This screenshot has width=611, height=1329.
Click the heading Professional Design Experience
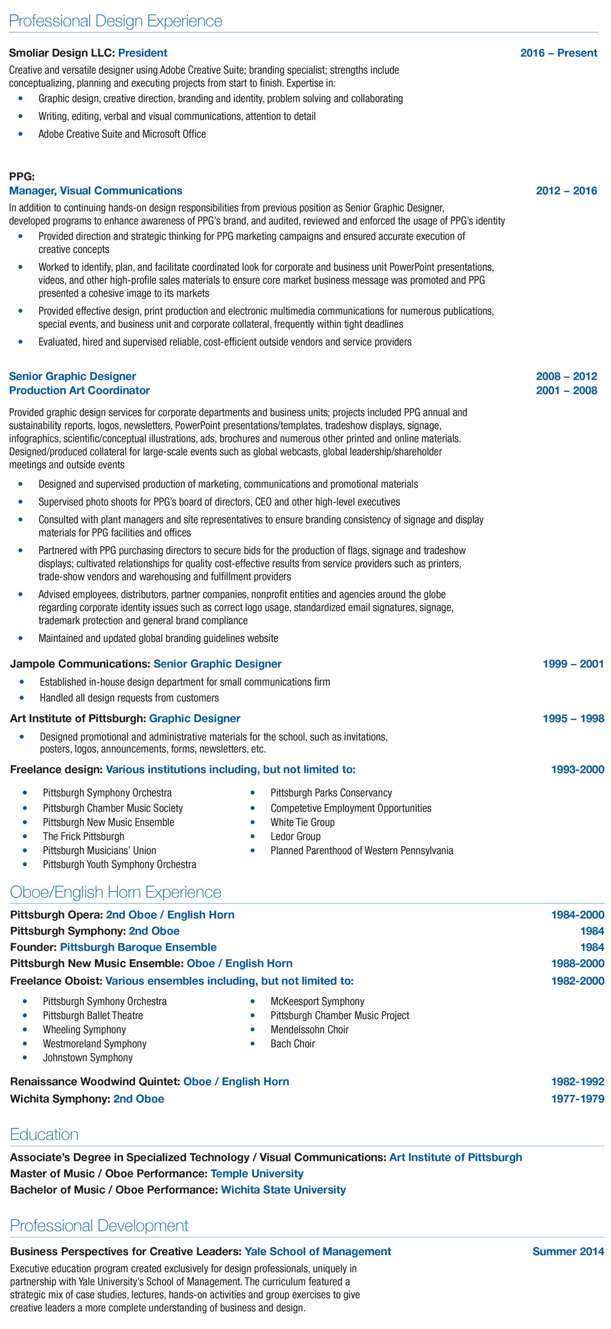point(116,21)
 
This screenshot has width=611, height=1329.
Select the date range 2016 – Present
point(559,53)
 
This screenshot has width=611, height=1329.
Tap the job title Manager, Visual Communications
point(96,191)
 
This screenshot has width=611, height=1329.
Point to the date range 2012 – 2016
point(566,191)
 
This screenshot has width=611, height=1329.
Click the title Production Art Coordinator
point(79,390)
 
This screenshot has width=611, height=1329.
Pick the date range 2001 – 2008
point(566,390)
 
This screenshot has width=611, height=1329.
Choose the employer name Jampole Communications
point(80,664)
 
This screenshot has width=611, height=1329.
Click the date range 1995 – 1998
point(573,719)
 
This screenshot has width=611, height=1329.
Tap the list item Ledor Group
point(295,836)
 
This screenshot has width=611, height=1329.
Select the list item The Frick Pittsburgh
point(83,836)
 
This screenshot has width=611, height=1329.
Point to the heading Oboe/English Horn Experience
point(116,892)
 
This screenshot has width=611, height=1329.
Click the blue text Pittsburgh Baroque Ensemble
point(138,947)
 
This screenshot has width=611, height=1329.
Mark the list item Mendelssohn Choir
point(309,1029)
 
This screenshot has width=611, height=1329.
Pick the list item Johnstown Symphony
point(88,1058)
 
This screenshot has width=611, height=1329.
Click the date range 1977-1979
point(577,1099)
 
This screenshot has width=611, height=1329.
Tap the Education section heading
point(44,1135)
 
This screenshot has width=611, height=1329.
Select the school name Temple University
point(257,1174)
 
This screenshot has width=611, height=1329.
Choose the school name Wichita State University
point(283,1190)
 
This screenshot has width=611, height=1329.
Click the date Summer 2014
point(568,1252)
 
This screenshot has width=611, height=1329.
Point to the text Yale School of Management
point(318,1252)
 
